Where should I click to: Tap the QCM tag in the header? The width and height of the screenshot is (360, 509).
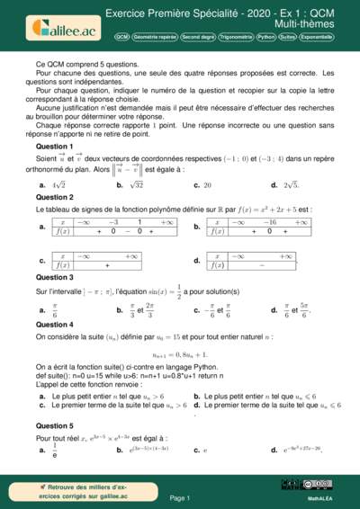click(x=122, y=39)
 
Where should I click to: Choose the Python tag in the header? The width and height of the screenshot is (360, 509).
click(x=266, y=39)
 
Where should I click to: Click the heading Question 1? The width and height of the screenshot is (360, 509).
click(x=54, y=146)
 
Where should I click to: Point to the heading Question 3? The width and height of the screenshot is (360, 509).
click(x=54, y=278)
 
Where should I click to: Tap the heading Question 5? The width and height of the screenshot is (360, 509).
click(x=54, y=425)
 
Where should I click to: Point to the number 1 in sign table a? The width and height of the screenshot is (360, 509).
click(x=139, y=221)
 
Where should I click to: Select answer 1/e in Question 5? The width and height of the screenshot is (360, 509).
click(x=55, y=449)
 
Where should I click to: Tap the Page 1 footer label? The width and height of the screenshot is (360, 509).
click(x=180, y=497)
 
